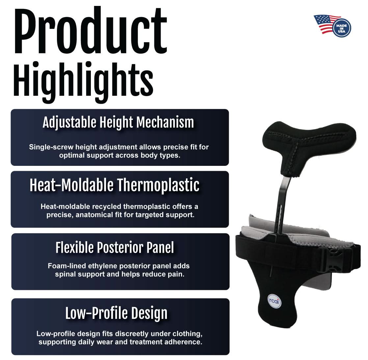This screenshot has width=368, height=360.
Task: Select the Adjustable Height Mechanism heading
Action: pyautogui.click(x=118, y=123)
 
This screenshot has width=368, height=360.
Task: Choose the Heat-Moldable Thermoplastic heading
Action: pyautogui.click(x=115, y=185)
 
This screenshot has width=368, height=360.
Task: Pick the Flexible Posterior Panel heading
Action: pyautogui.click(x=115, y=247)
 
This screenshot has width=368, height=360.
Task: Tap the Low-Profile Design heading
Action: pyautogui.click(x=117, y=313)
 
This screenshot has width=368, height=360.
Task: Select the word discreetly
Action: pyautogui.click(x=135, y=334)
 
